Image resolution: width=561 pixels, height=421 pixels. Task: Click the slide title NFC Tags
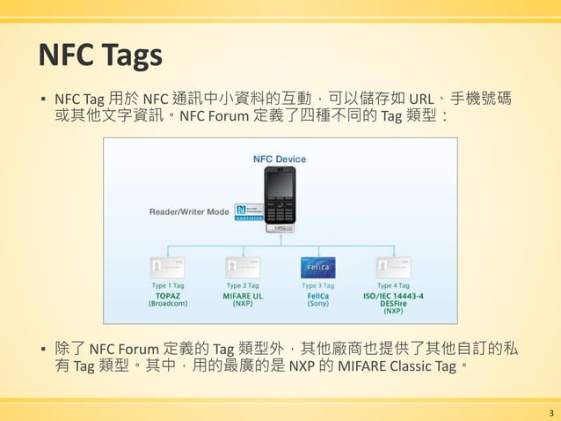[x=99, y=55]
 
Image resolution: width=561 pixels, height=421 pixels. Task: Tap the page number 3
[x=550, y=412]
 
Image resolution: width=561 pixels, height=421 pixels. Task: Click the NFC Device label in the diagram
[x=280, y=159]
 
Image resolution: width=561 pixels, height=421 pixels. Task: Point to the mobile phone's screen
[x=280, y=185]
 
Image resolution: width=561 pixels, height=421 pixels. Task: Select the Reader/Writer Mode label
[x=189, y=211]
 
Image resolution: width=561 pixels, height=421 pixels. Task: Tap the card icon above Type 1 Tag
[x=167, y=268]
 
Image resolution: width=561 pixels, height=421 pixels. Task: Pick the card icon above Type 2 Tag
[x=243, y=268]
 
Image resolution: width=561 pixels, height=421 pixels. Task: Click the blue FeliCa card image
[x=318, y=268]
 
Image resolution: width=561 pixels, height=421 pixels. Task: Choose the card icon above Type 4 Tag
[x=393, y=268]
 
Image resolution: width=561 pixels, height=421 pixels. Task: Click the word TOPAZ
[x=167, y=295]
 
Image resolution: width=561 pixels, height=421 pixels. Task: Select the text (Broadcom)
[x=167, y=304]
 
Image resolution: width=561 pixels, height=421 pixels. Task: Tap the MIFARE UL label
[x=243, y=295]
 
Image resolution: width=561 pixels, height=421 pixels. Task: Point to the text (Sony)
[x=318, y=304]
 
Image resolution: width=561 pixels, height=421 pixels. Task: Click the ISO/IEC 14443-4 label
[x=393, y=295]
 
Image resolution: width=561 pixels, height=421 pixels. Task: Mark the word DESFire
[x=393, y=303]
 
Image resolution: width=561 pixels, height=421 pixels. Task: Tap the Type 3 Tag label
[x=318, y=285]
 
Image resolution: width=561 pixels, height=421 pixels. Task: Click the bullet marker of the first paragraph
[x=42, y=98]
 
